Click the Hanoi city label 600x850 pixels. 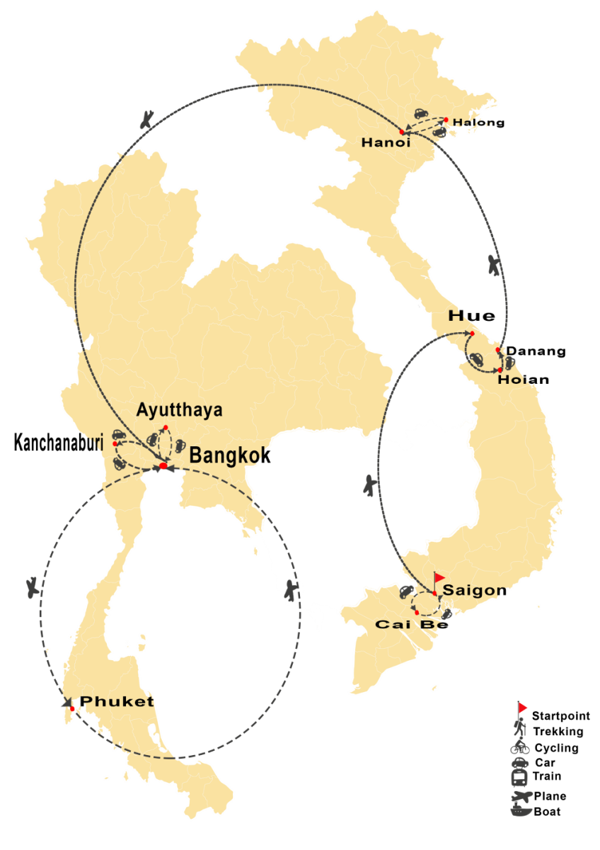pos(386,142)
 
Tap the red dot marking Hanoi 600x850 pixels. pos(402,132)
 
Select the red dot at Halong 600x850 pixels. pos(446,119)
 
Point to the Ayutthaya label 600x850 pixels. pos(180,409)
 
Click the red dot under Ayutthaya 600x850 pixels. pos(166,427)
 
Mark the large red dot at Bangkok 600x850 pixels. pos(163,466)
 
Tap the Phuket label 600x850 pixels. pos(116,701)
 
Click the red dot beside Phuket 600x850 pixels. pos(72,708)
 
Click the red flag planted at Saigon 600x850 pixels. pos(439,578)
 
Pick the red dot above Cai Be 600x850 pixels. pos(417,612)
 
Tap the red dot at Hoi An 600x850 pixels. pos(500,370)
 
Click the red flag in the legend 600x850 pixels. pos(522,707)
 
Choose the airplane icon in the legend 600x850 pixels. pos(522,796)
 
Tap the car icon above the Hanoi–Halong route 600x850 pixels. pos(420,113)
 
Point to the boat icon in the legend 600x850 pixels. pos(522,811)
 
